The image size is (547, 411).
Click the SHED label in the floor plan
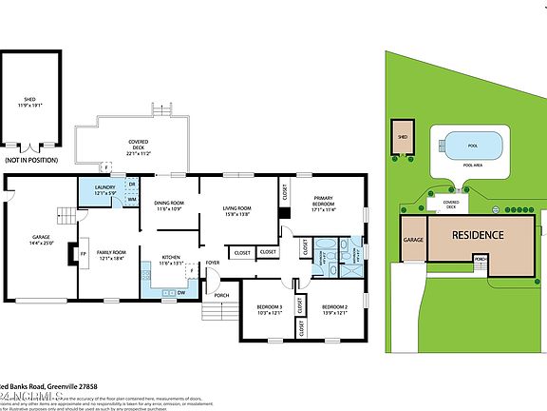tap(29, 101)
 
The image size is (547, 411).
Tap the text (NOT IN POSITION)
tap(30, 161)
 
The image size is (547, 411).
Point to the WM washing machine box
tap(131, 199)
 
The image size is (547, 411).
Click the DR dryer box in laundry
tap(132, 184)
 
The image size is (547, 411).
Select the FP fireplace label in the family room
tap(82, 254)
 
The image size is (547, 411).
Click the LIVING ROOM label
tap(236, 210)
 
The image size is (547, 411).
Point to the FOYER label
tap(213, 262)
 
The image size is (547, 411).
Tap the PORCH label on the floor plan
tap(221, 295)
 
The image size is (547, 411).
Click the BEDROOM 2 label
tap(335, 309)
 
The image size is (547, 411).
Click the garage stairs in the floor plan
tap(64, 216)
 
